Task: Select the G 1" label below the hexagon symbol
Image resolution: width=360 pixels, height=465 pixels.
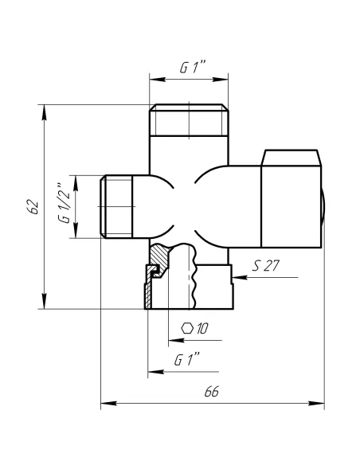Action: pyautogui.click(x=186, y=360)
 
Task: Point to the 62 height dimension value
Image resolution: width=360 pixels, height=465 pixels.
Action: pyautogui.click(x=32, y=205)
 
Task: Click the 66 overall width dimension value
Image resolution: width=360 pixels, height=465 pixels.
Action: pyautogui.click(x=212, y=393)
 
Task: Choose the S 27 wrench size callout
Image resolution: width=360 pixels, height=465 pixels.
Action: pyautogui.click(x=264, y=266)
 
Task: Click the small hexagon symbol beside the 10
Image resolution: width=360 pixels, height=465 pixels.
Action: pyautogui.click(x=187, y=328)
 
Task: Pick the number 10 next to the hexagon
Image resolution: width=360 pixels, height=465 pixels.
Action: pyautogui.click(x=202, y=328)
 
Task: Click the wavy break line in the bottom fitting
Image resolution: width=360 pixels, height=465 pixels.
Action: pyautogui.click(x=192, y=279)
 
